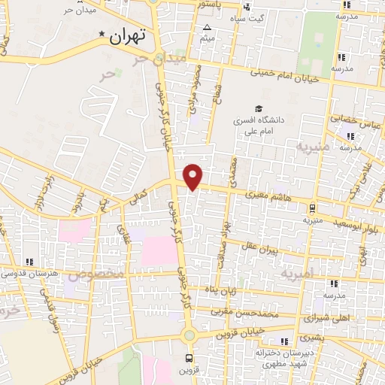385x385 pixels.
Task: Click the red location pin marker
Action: (193, 175)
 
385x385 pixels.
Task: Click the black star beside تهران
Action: (102, 34)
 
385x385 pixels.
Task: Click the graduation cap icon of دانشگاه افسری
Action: (259, 110)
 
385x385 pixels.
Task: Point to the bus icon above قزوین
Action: (189, 357)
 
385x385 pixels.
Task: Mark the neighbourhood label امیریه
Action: (296, 277)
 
